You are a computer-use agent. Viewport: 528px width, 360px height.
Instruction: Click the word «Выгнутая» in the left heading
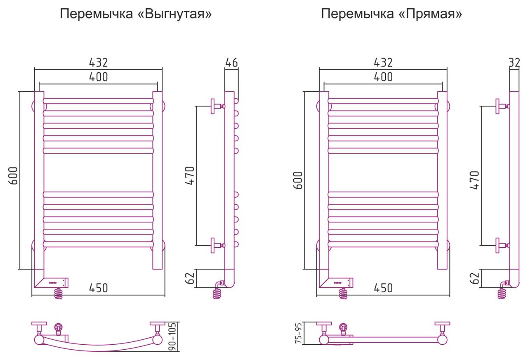(174, 14)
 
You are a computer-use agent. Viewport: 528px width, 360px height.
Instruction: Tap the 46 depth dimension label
(231, 62)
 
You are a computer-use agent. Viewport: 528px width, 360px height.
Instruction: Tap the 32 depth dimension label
(514, 62)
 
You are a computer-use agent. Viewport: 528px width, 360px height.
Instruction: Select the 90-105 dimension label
(172, 336)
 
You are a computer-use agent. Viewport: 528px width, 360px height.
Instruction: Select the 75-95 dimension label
(298, 333)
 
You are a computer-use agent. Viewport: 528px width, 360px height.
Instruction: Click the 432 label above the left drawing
(98, 62)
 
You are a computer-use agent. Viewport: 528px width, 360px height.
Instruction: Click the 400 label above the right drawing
(383, 77)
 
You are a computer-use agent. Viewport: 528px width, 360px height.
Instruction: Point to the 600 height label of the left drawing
(13, 175)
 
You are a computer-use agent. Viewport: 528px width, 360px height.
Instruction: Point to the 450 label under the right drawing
(383, 288)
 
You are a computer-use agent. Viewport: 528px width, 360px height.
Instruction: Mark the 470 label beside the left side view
(190, 175)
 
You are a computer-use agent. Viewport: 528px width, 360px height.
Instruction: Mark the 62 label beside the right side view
(475, 278)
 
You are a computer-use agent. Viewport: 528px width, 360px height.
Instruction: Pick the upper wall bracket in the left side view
(217, 106)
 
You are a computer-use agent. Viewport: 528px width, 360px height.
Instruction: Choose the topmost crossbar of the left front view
(98, 101)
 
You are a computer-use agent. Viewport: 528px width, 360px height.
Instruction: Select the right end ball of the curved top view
(158, 340)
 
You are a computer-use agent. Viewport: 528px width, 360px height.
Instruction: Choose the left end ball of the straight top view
(324, 340)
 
